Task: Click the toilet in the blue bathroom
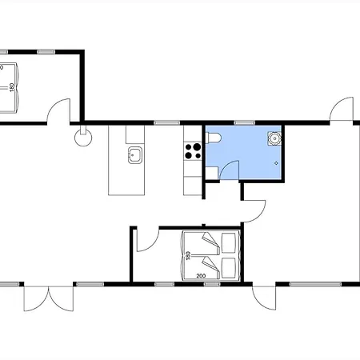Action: (214, 138)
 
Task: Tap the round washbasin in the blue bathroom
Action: (274, 138)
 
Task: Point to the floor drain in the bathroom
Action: (276, 163)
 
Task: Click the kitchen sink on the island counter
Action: (135, 155)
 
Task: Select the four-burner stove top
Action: (193, 151)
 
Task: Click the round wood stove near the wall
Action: (83, 138)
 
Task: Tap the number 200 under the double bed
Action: (201, 276)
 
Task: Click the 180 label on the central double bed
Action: (188, 255)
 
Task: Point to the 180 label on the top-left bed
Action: (11, 87)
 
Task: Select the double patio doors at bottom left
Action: (49, 298)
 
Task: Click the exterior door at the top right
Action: (342, 110)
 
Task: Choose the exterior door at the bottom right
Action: (264, 298)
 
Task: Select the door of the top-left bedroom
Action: (58, 110)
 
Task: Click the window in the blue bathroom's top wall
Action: (245, 123)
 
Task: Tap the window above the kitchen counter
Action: (167, 123)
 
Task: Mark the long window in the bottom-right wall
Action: (315, 284)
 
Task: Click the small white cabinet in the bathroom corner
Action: (212, 174)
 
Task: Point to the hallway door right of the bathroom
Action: (254, 211)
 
